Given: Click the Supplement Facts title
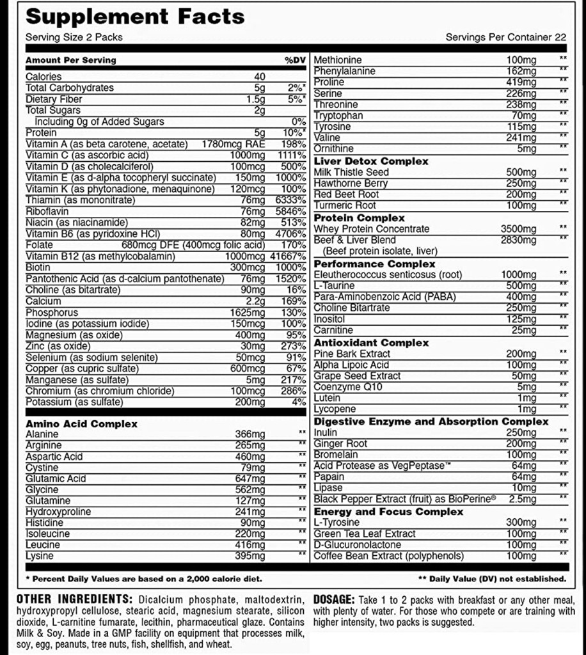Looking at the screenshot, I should coord(135,17).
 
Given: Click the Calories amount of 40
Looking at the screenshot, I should coord(259,77).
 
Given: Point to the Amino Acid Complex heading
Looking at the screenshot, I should coord(81,423).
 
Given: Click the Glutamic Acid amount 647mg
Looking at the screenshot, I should coord(249,478).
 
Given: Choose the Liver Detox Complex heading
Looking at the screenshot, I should coord(371,161).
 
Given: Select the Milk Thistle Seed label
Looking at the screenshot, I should coord(351,172).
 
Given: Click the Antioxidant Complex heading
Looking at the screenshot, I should coord(371,343).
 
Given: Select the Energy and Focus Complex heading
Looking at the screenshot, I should coord(388,512).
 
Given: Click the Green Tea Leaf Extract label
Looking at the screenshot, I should coord(364,533).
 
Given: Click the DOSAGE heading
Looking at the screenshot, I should coord(333,599).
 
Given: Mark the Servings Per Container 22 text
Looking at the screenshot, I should coord(505,37).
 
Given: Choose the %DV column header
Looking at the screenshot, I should coord(295,60).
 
